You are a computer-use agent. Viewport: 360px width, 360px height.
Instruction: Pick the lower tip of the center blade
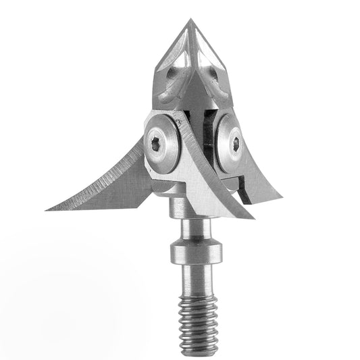[x=253, y=220]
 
